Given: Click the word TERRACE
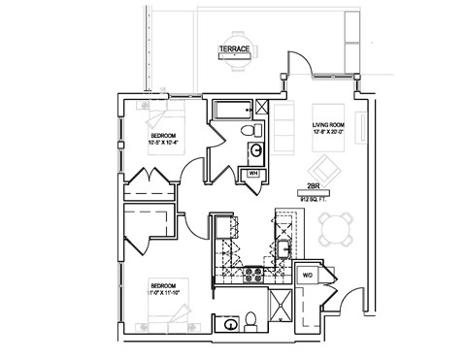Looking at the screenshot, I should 234,49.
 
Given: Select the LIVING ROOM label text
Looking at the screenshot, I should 329,126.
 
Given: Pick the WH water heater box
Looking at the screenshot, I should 252,174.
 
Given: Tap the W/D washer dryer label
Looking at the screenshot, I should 309,276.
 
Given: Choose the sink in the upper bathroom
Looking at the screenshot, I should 255,150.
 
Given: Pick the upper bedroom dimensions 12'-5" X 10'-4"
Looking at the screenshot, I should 163,143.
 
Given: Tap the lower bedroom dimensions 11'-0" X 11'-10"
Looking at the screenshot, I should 163,290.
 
